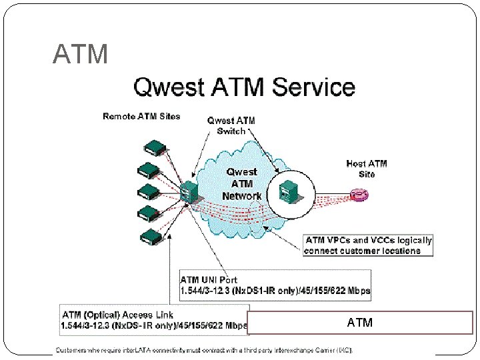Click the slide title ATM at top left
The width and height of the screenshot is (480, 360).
(x=80, y=54)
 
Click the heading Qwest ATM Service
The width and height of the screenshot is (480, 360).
(x=245, y=87)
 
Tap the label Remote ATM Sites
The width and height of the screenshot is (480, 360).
(x=141, y=117)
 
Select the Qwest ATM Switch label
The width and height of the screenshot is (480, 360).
(x=231, y=125)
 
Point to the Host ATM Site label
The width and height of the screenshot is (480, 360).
(x=367, y=169)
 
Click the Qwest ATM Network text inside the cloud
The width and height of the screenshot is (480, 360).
(x=242, y=184)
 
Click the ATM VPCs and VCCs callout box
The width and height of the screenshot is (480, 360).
(x=368, y=245)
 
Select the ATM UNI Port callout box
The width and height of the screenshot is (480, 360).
(x=275, y=285)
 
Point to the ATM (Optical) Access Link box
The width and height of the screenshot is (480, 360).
(x=153, y=320)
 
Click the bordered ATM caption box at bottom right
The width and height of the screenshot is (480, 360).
(x=360, y=323)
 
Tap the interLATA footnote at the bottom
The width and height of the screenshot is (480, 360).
(x=204, y=349)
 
